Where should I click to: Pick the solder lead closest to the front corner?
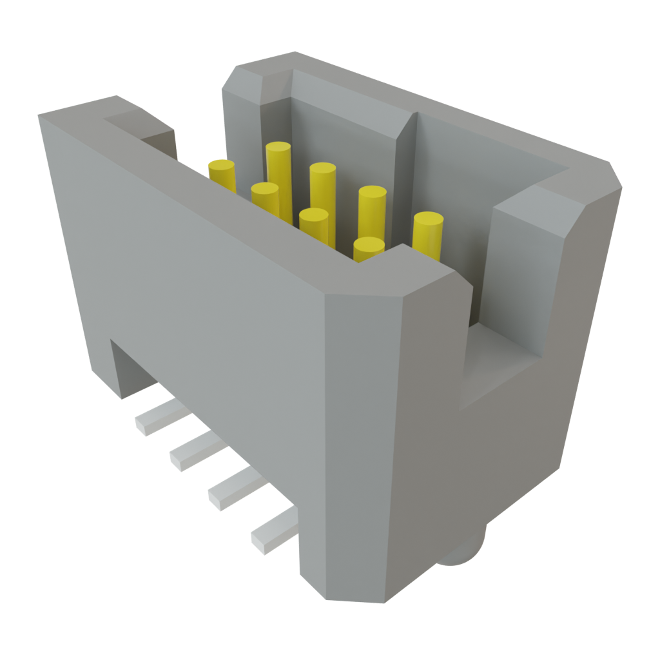click(274, 532)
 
